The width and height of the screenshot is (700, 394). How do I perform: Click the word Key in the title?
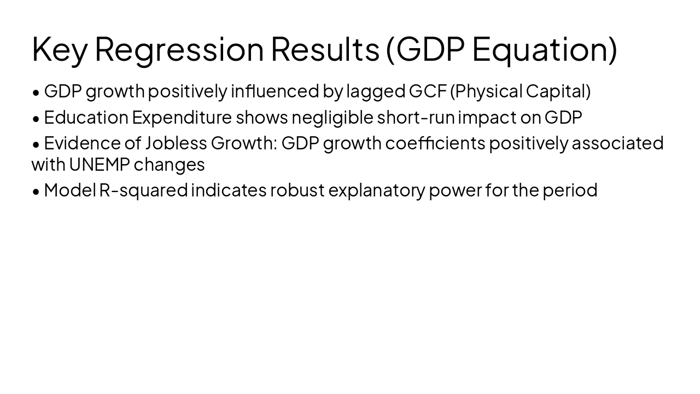click(x=60, y=49)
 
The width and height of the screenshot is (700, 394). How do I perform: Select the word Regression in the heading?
click(x=179, y=49)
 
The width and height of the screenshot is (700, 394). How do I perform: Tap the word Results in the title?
click(x=325, y=49)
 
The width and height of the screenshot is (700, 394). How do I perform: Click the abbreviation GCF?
click(x=428, y=91)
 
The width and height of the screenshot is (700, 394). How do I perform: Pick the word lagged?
click(x=376, y=91)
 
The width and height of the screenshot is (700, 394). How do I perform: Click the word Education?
click(x=86, y=117)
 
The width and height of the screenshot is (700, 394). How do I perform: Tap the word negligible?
click(x=332, y=117)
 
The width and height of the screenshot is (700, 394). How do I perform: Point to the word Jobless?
click(x=176, y=143)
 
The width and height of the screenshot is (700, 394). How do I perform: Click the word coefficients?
click(x=435, y=143)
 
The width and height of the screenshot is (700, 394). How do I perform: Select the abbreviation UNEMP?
click(x=99, y=164)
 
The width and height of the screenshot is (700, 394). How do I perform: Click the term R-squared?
click(x=143, y=190)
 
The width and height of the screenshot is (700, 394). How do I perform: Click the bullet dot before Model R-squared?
click(x=36, y=191)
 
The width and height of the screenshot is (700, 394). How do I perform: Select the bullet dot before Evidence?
click(x=36, y=144)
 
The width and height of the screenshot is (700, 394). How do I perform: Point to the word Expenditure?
click(x=182, y=117)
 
